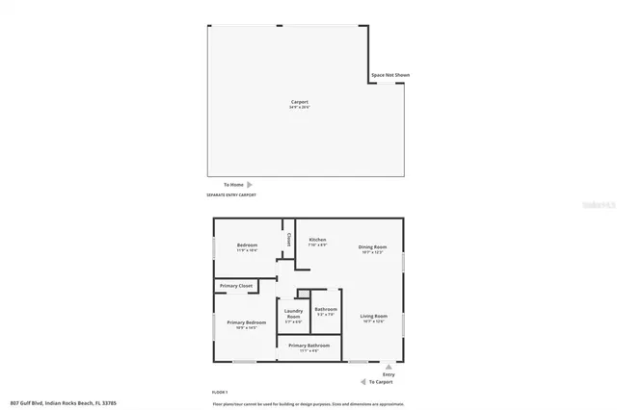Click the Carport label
pyautogui.click(x=300, y=101)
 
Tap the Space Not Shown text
pyautogui.click(x=390, y=75)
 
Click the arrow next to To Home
pyautogui.click(x=250, y=184)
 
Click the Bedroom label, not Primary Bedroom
pyautogui.click(x=247, y=244)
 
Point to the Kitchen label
pyautogui.click(x=317, y=240)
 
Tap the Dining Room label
pyautogui.click(x=372, y=246)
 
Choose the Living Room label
pyautogui.click(x=373, y=316)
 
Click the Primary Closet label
pyautogui.click(x=236, y=286)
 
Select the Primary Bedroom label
pyautogui.click(x=246, y=321)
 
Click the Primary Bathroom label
pyautogui.click(x=309, y=345)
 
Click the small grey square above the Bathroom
pyautogui.click(x=304, y=294)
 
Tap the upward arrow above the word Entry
pyautogui.click(x=389, y=367)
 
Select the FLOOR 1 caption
pyautogui.click(x=220, y=393)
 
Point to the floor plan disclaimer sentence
pyautogui.click(x=308, y=403)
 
